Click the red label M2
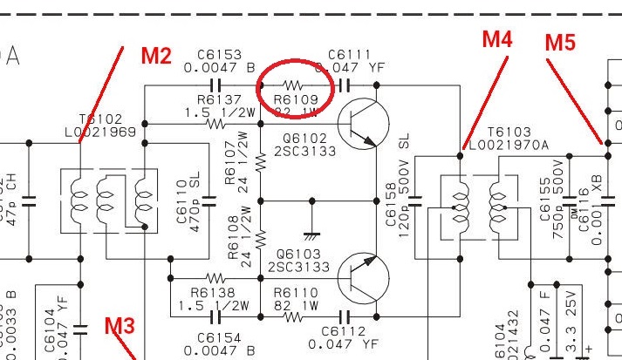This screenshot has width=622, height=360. pyautogui.click(x=156, y=57)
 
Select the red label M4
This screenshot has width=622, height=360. pyautogui.click(x=497, y=39)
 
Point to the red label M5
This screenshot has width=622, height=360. pyautogui.click(x=560, y=42)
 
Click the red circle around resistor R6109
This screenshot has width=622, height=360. pyautogui.click(x=294, y=87)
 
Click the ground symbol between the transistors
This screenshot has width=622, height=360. pyautogui.click(x=311, y=233)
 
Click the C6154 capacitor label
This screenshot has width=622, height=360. pyautogui.click(x=217, y=336)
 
